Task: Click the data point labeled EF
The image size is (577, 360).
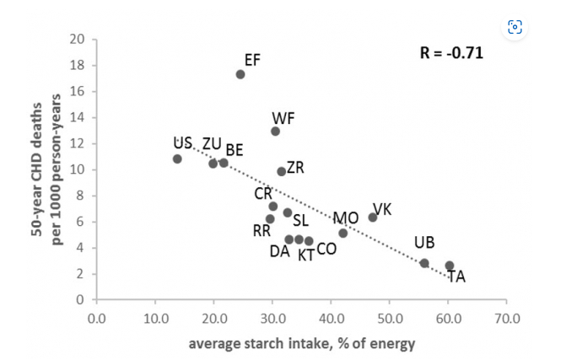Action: coord(240,74)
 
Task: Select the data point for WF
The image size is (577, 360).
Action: coord(275,131)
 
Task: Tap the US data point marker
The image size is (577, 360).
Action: coord(177,159)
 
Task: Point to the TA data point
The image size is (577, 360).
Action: coord(450,266)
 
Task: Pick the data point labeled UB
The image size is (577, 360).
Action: coord(424,263)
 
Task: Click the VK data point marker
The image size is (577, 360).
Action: coord(373,218)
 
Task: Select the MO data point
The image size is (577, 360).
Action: coord(342,233)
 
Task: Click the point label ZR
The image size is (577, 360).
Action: coord(295,167)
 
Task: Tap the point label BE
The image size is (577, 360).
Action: coord(234,150)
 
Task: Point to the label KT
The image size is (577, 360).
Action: coord(305,255)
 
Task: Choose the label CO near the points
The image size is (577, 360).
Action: coord(326,250)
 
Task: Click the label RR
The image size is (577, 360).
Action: coord(262,231)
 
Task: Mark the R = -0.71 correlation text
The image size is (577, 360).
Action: coord(451,53)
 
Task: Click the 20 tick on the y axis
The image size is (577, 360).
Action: coord(78,39)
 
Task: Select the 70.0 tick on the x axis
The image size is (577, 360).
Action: coord(507,320)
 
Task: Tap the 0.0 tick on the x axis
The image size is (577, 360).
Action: coord(96,320)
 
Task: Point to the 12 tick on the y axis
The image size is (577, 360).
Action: coord(78,143)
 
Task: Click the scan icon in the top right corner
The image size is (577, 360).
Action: coord(515,27)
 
